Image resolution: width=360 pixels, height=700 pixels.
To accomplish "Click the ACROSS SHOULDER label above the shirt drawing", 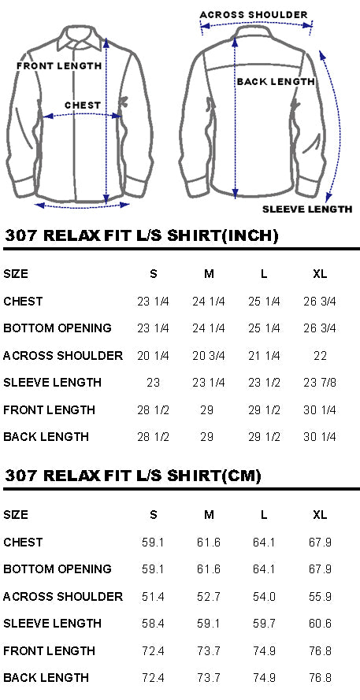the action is [253, 15].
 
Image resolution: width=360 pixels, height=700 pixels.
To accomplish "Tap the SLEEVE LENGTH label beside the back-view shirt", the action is [307, 209].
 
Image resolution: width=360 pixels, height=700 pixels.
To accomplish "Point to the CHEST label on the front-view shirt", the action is [83, 106].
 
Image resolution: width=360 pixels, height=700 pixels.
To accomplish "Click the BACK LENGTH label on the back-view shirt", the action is [276, 82].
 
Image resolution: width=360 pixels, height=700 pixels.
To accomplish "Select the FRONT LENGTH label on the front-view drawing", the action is [59, 66].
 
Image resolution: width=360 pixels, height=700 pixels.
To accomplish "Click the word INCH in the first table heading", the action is [251, 235].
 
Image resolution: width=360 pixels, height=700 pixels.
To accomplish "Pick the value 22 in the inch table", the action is [321, 356].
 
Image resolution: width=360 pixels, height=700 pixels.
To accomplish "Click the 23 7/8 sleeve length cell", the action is [320, 383].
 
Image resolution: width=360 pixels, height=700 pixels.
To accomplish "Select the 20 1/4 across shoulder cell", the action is [153, 356].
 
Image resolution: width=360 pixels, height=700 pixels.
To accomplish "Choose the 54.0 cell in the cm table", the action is [264, 597].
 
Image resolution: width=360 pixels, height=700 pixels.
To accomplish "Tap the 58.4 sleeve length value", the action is [153, 624].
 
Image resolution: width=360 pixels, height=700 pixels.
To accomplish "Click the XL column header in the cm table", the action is [320, 515].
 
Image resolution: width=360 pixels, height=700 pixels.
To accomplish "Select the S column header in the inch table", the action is [153, 274].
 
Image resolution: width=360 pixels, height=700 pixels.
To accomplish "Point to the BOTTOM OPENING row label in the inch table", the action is [58, 328].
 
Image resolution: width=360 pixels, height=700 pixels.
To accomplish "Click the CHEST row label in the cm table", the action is [23, 543].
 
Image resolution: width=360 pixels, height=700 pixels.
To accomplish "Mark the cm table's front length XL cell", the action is [320, 651].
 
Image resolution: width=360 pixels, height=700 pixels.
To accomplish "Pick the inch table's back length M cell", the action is [207, 436].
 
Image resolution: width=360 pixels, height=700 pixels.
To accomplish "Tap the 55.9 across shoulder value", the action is [320, 597].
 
